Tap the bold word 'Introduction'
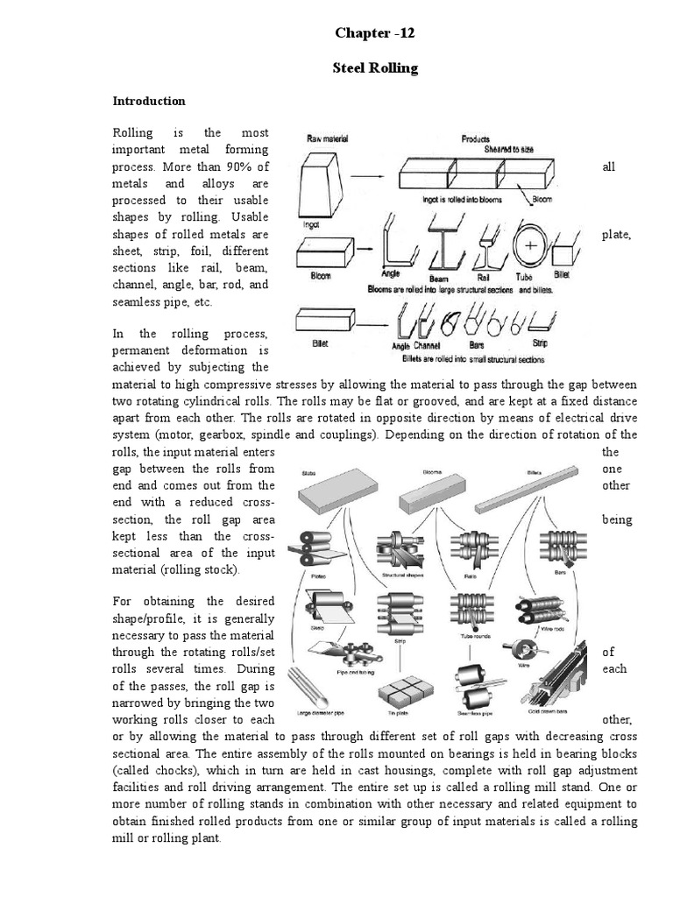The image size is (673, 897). pos(149,101)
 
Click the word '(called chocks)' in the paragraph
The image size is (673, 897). pos(148,770)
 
